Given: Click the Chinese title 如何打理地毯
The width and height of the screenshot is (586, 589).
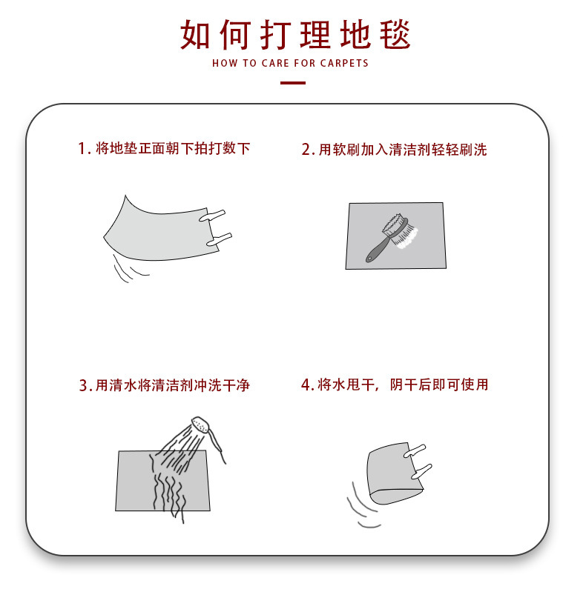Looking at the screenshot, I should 294,33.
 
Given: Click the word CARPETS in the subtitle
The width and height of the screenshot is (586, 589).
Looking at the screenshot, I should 344,64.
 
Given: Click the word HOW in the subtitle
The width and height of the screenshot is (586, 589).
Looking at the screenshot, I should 224,64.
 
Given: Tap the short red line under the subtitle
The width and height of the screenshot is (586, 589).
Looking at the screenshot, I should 293,82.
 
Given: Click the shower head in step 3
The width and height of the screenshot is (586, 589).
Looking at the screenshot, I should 201,426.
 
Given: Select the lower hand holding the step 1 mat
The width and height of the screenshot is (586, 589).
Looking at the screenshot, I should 220,239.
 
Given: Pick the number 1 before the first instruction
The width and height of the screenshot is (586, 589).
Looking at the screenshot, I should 82,148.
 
